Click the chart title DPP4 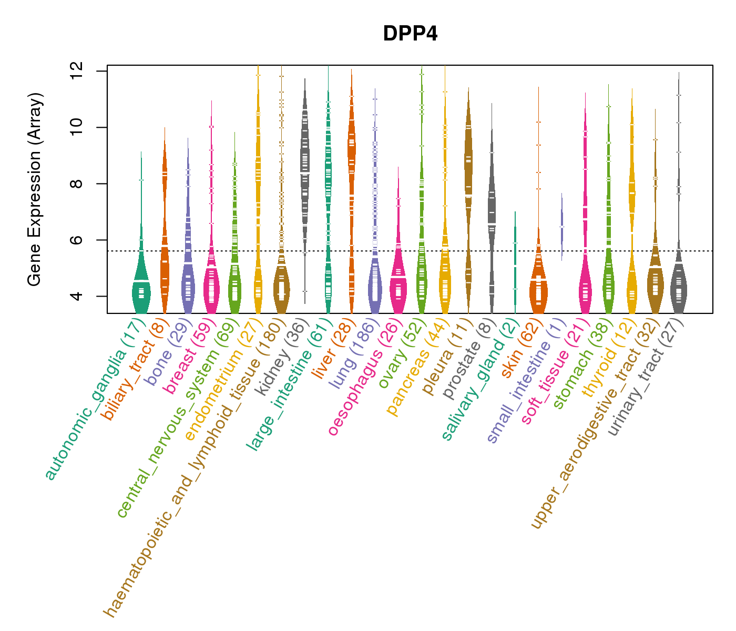coord(410,34)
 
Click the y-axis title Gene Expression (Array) coord(35,189)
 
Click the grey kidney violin coord(305,174)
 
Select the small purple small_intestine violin coord(561,226)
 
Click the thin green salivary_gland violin coord(515,263)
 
